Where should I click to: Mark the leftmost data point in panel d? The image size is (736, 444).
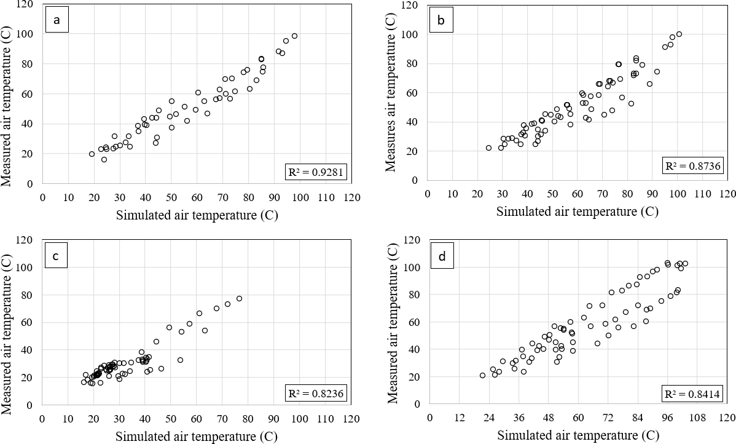[482, 375]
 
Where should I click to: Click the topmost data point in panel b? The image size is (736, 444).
[679, 34]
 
